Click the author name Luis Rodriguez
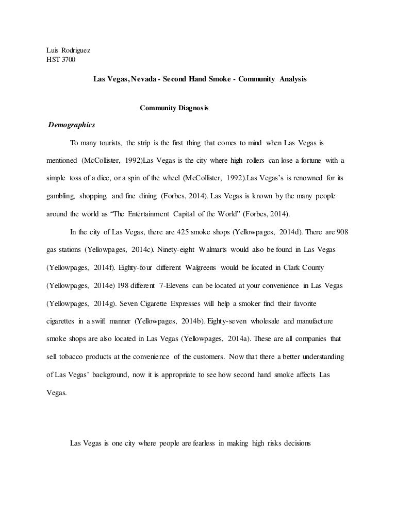point(65,50)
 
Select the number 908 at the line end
point(343,232)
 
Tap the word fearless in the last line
point(201,442)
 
